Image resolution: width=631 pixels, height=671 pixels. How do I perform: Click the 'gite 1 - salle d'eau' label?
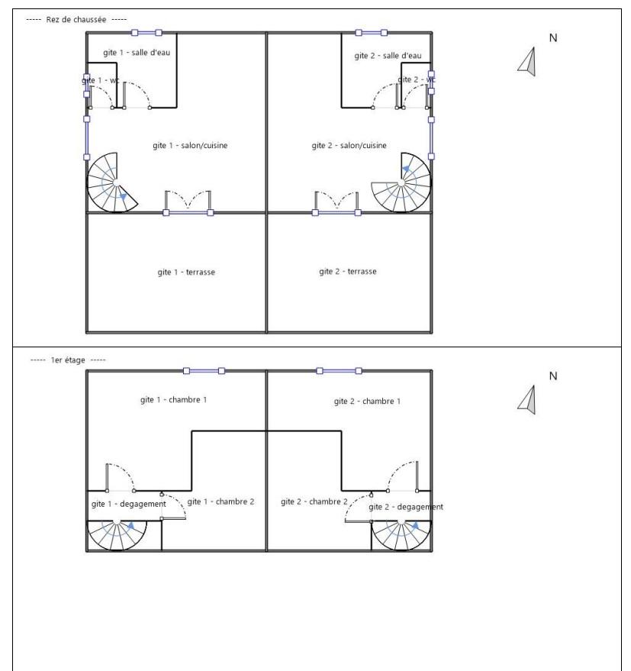[137, 53]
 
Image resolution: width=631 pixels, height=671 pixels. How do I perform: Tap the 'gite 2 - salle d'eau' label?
[388, 56]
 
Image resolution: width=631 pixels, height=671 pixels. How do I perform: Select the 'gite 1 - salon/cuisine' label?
[190, 146]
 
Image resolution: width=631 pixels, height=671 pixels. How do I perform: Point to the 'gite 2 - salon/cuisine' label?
[349, 146]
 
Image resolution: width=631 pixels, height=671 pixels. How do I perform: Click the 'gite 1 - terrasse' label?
[186, 273]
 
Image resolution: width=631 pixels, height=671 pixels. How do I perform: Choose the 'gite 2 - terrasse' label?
[348, 271]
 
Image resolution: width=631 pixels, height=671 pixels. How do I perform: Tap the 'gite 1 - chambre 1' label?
[173, 400]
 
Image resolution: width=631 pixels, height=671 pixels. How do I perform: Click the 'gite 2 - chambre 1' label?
[367, 402]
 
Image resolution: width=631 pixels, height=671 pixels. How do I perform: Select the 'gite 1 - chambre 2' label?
[221, 502]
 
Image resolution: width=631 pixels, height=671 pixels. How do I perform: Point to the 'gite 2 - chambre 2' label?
[314, 502]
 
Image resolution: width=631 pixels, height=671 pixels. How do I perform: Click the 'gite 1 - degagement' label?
[129, 504]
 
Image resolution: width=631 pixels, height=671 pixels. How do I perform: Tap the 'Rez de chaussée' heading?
[76, 20]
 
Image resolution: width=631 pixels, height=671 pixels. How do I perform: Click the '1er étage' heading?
[68, 360]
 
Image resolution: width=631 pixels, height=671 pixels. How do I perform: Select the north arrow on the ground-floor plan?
[528, 62]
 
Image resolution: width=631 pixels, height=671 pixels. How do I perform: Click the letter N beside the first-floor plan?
[553, 376]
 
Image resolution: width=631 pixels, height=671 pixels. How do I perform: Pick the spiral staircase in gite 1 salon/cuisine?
[112, 183]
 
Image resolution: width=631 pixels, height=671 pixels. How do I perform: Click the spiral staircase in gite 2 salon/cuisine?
[401, 183]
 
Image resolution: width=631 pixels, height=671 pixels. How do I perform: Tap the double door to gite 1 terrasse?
[188, 202]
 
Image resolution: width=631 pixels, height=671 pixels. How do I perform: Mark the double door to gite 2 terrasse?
[336, 202]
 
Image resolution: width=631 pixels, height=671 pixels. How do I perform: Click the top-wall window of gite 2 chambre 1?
[339, 371]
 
